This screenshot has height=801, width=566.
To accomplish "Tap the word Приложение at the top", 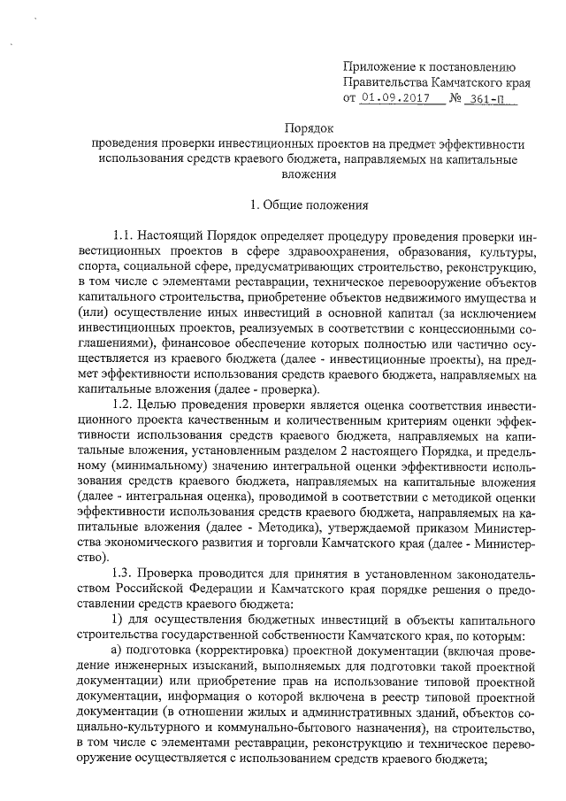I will click(x=378, y=65).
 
